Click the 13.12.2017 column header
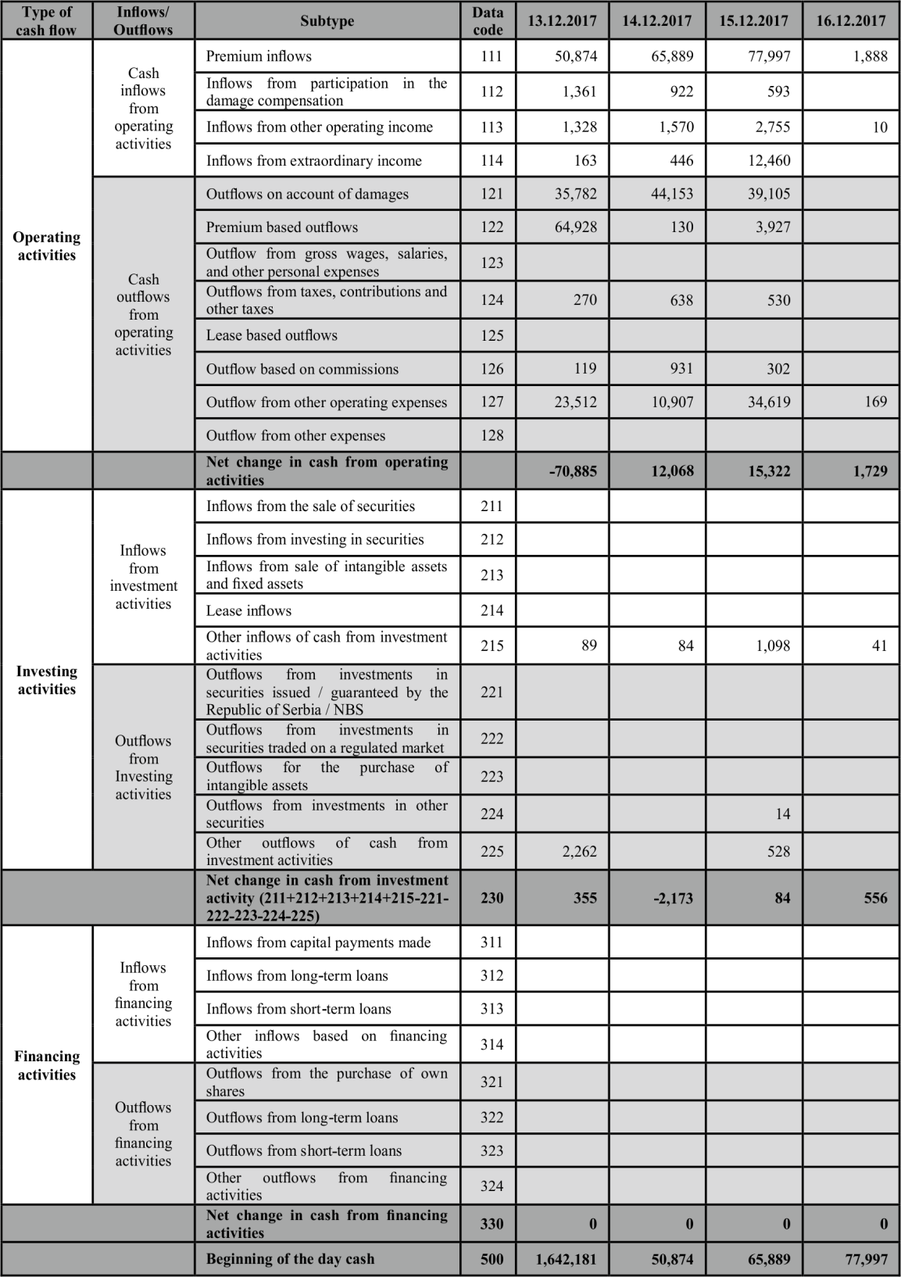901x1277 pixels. pos(562,20)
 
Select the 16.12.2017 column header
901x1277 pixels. pos(851,20)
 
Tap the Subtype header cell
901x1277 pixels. pos(327,21)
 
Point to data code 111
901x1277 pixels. pos(492,56)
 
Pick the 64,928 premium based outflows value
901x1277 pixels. pos(575,227)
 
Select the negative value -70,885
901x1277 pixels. pos(573,471)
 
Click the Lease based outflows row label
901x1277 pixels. pos(272,335)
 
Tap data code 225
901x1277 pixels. pos(492,851)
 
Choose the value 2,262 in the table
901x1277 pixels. pos(579,851)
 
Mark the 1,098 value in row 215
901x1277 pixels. pos(773,646)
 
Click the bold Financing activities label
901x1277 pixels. pos(47,1065)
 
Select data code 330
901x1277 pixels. pos(492,1224)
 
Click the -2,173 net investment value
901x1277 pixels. pos(672,897)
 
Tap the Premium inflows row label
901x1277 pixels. pos(259,56)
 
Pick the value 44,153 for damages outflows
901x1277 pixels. pos(672,194)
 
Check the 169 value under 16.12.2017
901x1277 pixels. pos(875,402)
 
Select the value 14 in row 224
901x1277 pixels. pos(782,814)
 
